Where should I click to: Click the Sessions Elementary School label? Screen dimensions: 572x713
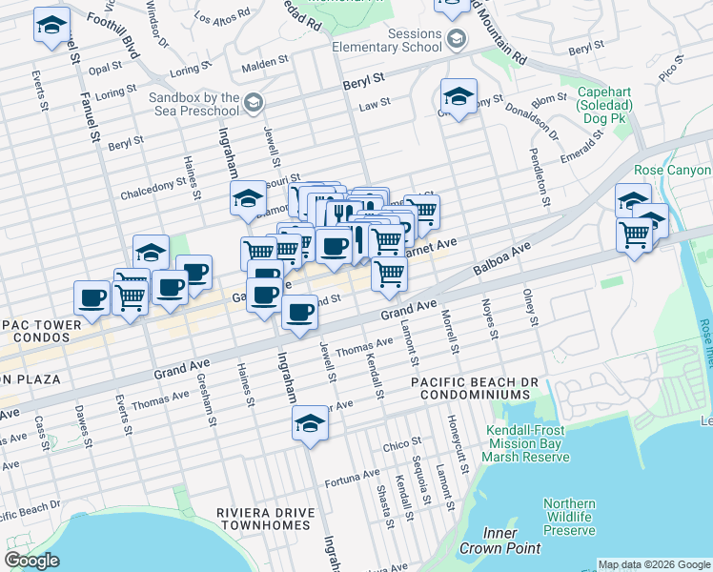point(387,40)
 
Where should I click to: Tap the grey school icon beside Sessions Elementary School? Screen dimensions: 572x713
point(457,39)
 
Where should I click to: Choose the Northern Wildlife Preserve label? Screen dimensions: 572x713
point(569,517)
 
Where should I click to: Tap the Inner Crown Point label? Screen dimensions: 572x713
point(500,541)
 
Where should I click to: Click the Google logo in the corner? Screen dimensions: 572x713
point(31,561)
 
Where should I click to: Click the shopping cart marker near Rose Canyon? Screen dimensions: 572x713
point(634,232)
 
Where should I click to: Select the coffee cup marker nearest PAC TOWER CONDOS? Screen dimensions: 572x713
point(92,298)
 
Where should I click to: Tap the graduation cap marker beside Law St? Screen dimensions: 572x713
point(458,97)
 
